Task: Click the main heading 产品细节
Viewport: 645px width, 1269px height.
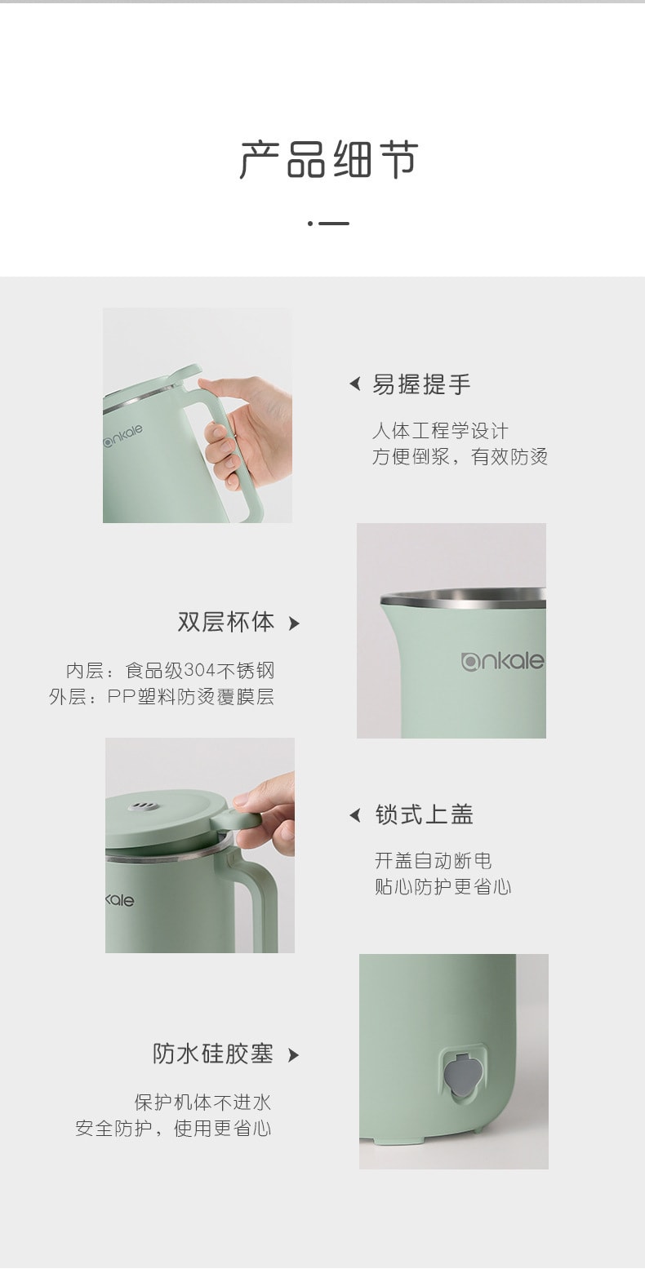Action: pos(328,160)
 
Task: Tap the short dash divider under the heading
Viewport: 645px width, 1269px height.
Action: pos(329,223)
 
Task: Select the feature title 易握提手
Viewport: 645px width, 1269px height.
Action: pos(421,384)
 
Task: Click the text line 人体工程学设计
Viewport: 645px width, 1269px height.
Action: pos(440,431)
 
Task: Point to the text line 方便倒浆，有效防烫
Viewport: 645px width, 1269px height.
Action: pos(460,457)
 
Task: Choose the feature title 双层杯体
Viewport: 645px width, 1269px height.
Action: pos(226,623)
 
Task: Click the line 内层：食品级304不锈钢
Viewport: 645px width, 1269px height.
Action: pos(170,671)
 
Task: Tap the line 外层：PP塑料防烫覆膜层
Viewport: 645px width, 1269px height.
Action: pos(162,697)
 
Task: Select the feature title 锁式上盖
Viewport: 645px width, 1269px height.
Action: pos(424,814)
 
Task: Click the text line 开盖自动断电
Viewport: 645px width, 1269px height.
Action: pos(433,861)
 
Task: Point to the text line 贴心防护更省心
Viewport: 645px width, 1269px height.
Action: pos(443,887)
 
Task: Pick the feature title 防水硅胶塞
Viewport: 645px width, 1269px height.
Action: pos(213,1054)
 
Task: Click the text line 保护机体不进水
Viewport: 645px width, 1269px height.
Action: pos(202,1103)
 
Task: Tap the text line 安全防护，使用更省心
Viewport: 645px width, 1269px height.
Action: pos(173,1129)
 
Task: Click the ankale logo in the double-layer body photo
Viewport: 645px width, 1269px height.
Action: pos(502,661)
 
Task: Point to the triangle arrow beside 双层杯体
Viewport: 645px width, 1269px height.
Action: pos(294,624)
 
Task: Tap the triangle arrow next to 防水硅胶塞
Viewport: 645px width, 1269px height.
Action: pos(294,1055)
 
